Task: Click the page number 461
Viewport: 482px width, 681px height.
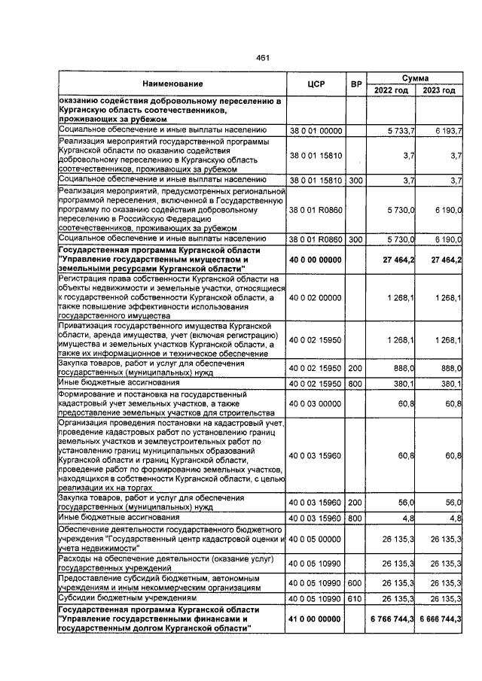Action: pos(262,59)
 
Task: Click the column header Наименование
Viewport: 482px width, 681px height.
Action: pos(172,84)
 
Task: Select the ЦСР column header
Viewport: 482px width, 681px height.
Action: pos(316,84)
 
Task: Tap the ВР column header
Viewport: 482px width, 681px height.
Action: pos(356,84)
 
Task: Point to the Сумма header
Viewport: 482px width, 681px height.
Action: pos(415,78)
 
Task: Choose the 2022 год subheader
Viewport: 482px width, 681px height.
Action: pos(391,90)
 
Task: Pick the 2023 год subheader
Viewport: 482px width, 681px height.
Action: pos(439,90)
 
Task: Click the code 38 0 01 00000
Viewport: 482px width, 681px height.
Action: pos(316,131)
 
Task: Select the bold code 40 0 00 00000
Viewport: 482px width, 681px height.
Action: pos(316,260)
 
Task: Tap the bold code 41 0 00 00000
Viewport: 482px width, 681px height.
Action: pos(316,618)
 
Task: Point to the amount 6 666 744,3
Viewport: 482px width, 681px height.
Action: pos(439,618)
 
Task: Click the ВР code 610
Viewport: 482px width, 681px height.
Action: pos(355,598)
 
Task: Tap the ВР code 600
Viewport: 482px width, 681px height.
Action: pos(355,583)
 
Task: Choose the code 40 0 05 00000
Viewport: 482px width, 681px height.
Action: pos(316,539)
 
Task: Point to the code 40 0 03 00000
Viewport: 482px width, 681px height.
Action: pos(316,403)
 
